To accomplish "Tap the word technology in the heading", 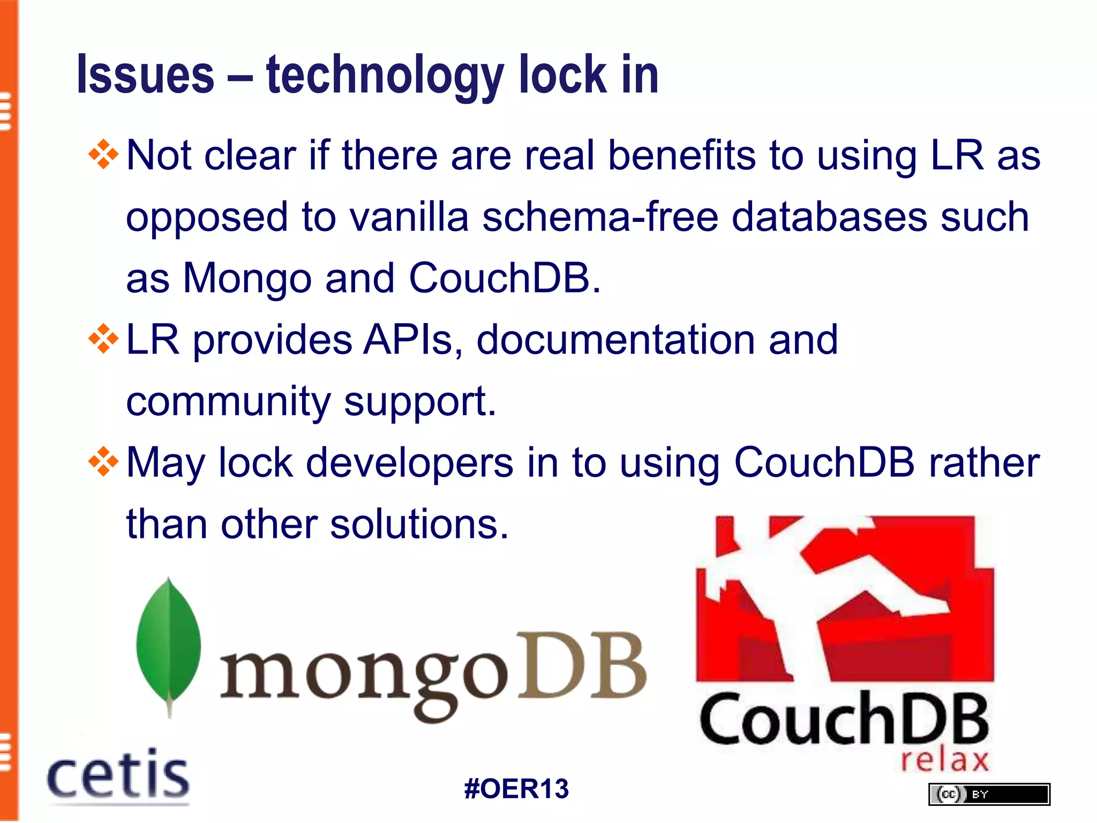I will click(385, 76).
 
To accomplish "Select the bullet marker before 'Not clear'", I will click(103, 155).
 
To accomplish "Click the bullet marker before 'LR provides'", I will click(103, 339).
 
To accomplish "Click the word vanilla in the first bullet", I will click(409, 216).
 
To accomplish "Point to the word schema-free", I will click(600, 216).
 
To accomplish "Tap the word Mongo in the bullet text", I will click(247, 279).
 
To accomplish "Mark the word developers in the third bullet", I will click(409, 463).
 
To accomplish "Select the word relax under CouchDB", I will click(944, 760).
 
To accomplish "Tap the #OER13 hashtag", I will click(516, 789).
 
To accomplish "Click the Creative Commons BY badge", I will click(989, 794).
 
